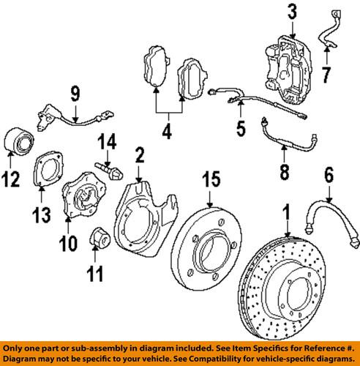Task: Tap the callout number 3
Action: tap(292, 11)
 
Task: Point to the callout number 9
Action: tap(75, 93)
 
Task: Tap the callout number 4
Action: tap(167, 133)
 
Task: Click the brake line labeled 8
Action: tap(285, 144)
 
